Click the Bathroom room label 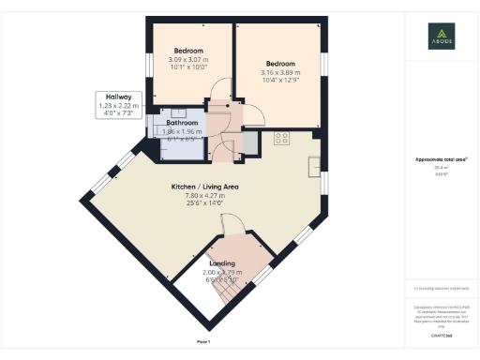pyautogui.click(x=182, y=123)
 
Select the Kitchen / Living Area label pyautogui.click(x=204, y=187)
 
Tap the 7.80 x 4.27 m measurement pyautogui.click(x=204, y=196)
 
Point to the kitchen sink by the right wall pyautogui.click(x=314, y=167)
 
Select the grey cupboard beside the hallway pyautogui.click(x=250, y=142)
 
